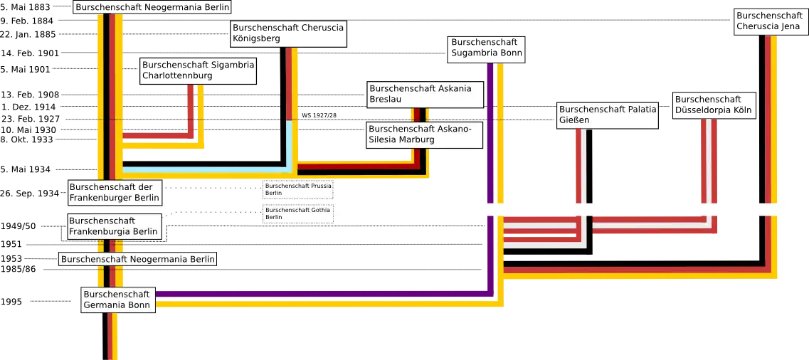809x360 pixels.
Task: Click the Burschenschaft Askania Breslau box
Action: pyautogui.click(x=425, y=94)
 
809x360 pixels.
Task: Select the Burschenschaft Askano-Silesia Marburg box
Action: pyautogui.click(x=425, y=134)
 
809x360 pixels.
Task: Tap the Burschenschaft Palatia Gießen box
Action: pyautogui.click(x=607, y=115)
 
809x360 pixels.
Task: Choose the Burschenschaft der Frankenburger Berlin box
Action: pyautogui.click(x=115, y=192)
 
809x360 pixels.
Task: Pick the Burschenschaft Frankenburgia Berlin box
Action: pyautogui.click(x=115, y=226)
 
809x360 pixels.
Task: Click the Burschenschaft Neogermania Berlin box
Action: pyautogui.click(x=138, y=259)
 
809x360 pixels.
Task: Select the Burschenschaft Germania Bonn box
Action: pyautogui.click(x=116, y=300)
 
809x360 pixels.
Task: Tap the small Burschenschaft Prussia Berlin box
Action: pyautogui.click(x=297, y=189)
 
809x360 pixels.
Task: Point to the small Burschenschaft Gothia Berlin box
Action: pyautogui.click(x=297, y=213)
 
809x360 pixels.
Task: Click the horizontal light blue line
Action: pyautogui.click(x=206, y=169)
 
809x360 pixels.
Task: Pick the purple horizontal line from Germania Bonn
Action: pyautogui.click(x=320, y=293)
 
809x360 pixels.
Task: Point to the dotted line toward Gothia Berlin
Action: pyautogui.click(x=213, y=213)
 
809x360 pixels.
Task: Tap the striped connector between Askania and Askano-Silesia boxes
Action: pyautogui.click(x=420, y=115)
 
